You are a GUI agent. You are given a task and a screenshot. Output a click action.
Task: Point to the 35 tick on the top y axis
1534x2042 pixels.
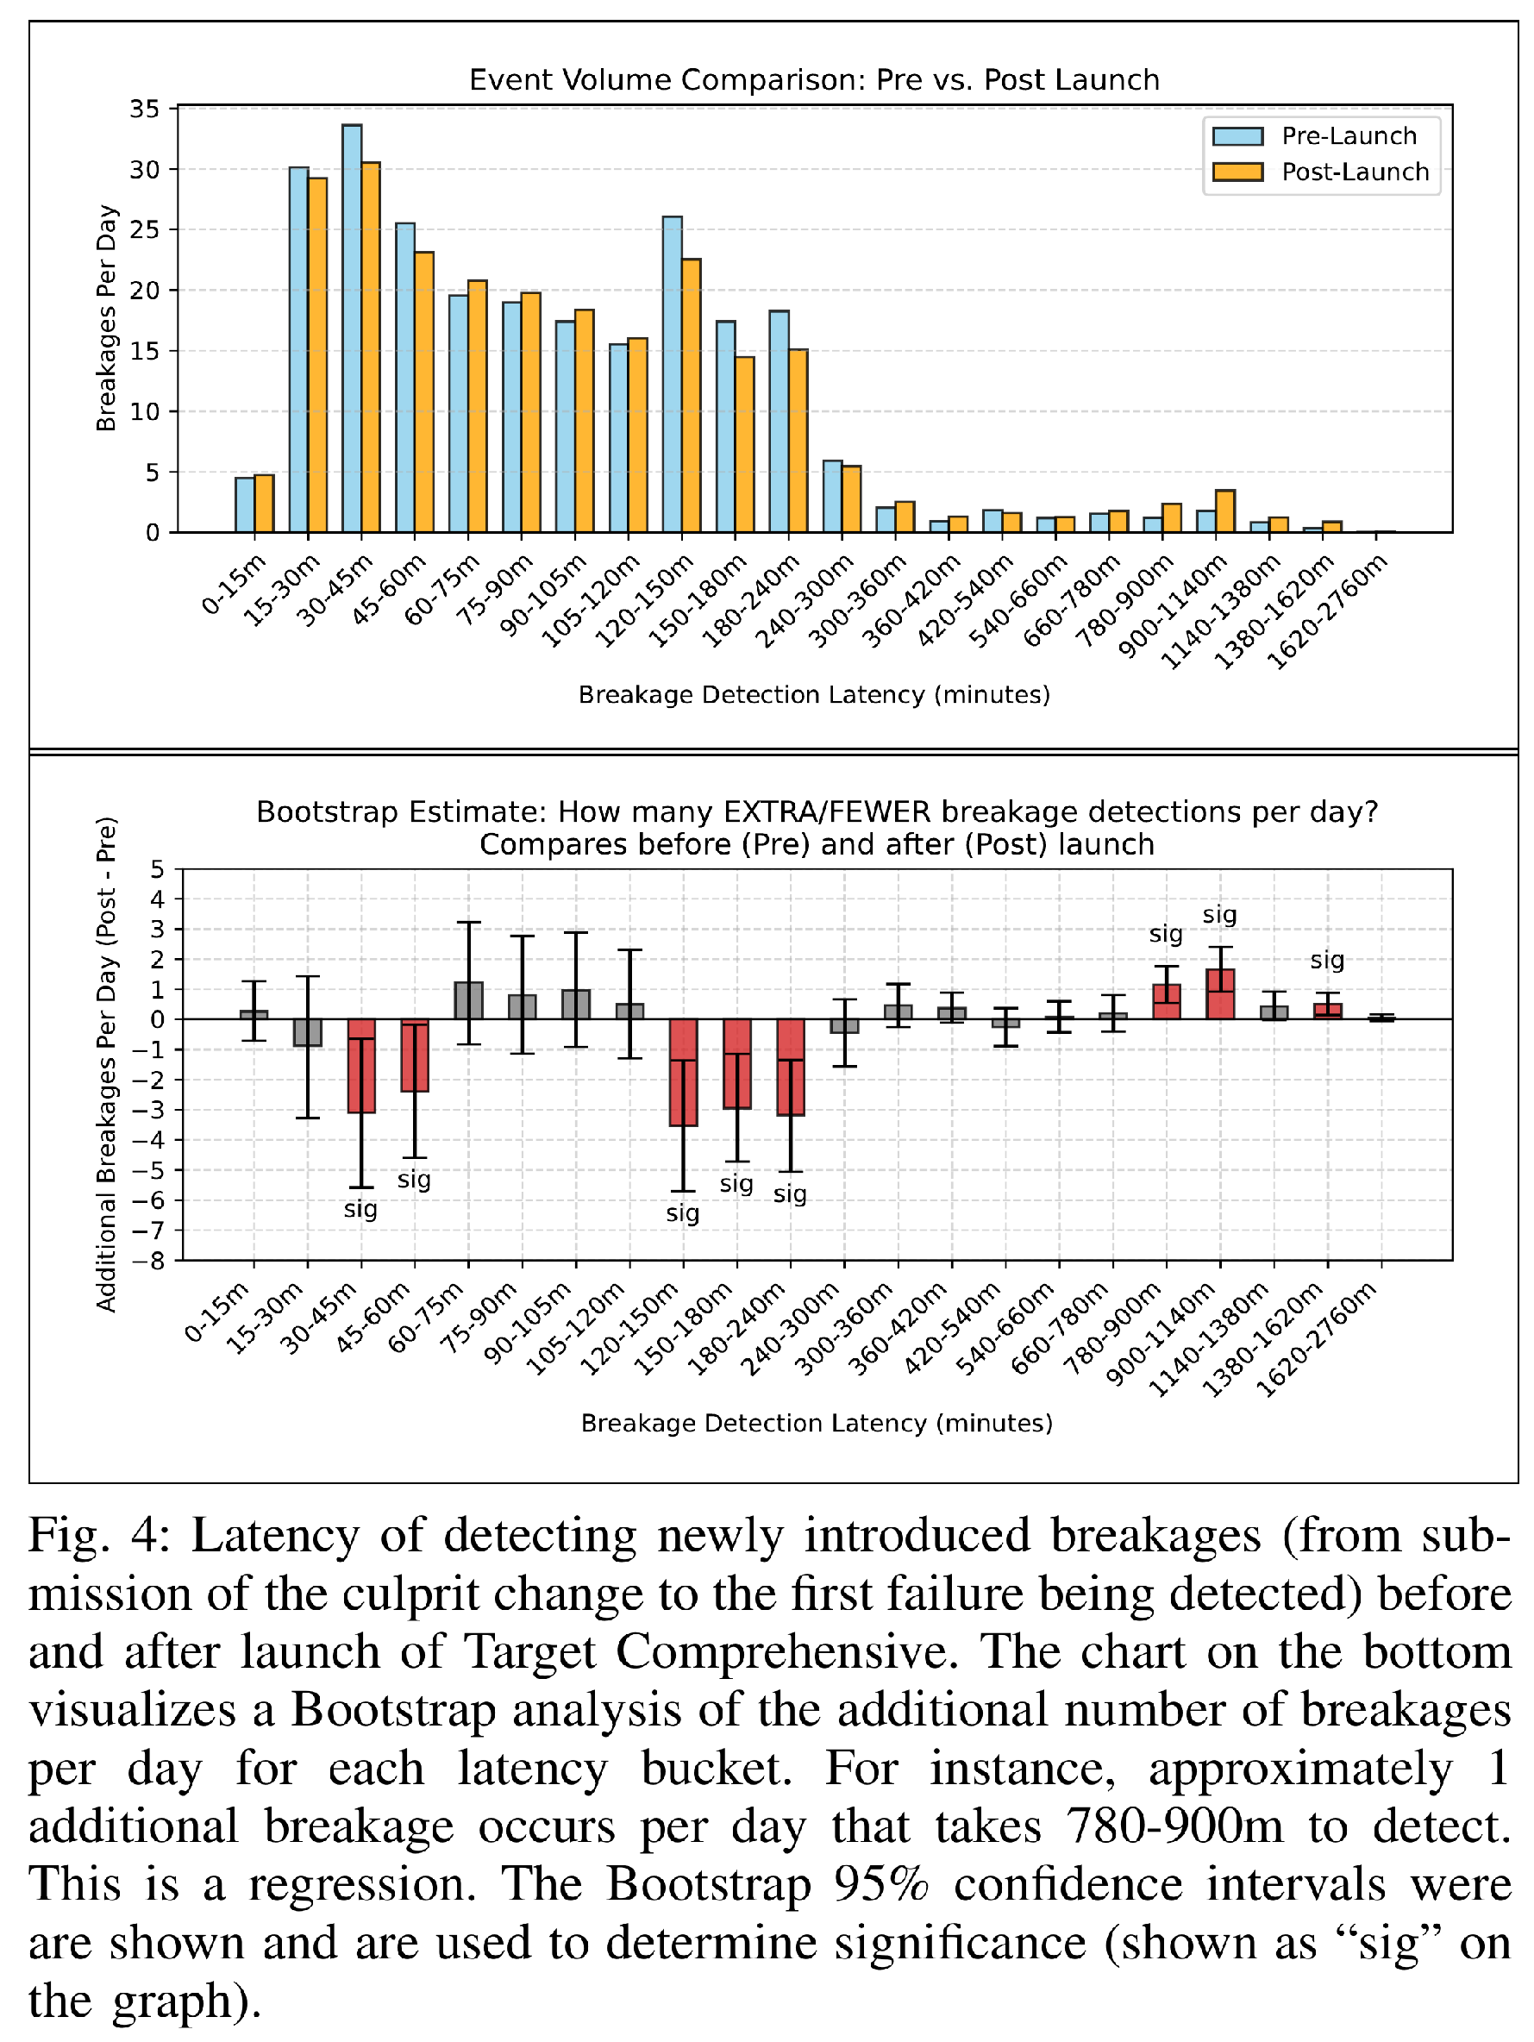pyautogui.click(x=145, y=109)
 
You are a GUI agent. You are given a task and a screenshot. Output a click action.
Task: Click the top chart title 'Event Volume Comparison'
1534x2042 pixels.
pyautogui.click(x=814, y=79)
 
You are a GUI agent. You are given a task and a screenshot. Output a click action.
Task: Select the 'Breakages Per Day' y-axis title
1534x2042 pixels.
pyautogui.click(x=107, y=317)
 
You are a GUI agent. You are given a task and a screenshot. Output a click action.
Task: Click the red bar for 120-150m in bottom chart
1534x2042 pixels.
pyautogui.click(x=683, y=1072)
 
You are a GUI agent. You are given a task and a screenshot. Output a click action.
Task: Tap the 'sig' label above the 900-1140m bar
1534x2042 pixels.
pyautogui.click(x=1219, y=915)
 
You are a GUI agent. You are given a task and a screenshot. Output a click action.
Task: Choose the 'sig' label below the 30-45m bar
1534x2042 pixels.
pyautogui.click(x=361, y=1208)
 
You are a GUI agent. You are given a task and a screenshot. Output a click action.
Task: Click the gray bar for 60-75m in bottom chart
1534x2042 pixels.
pyautogui.click(x=469, y=1000)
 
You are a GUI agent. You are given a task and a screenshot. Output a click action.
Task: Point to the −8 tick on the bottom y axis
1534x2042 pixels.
pyautogui.click(x=153, y=1260)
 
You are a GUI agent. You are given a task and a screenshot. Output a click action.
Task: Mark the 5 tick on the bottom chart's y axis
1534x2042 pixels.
pyautogui.click(x=156, y=869)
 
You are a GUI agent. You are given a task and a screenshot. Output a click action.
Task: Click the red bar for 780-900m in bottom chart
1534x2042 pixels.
pyautogui.click(x=1167, y=1002)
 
